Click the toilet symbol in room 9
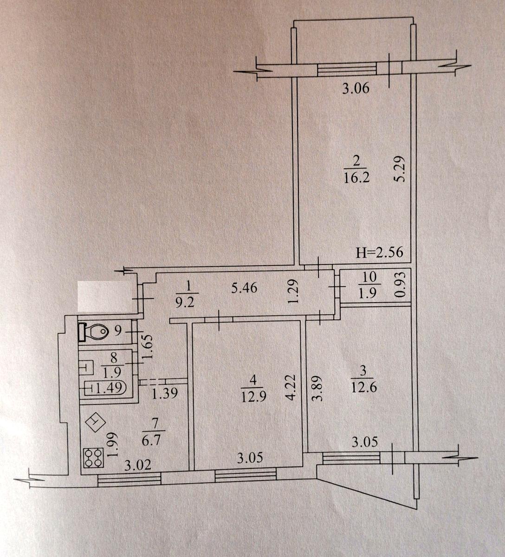pos(93,331)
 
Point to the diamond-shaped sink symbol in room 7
pos(95,421)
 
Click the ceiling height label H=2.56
pos(380,253)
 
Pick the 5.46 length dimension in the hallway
pos(245,288)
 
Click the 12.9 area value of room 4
pos(254,396)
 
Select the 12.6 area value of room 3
pos(364,388)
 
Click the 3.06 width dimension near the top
pos(356,89)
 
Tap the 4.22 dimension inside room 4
pos(289,388)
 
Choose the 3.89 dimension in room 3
pos(317,389)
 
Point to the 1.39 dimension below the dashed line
pos(164,393)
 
